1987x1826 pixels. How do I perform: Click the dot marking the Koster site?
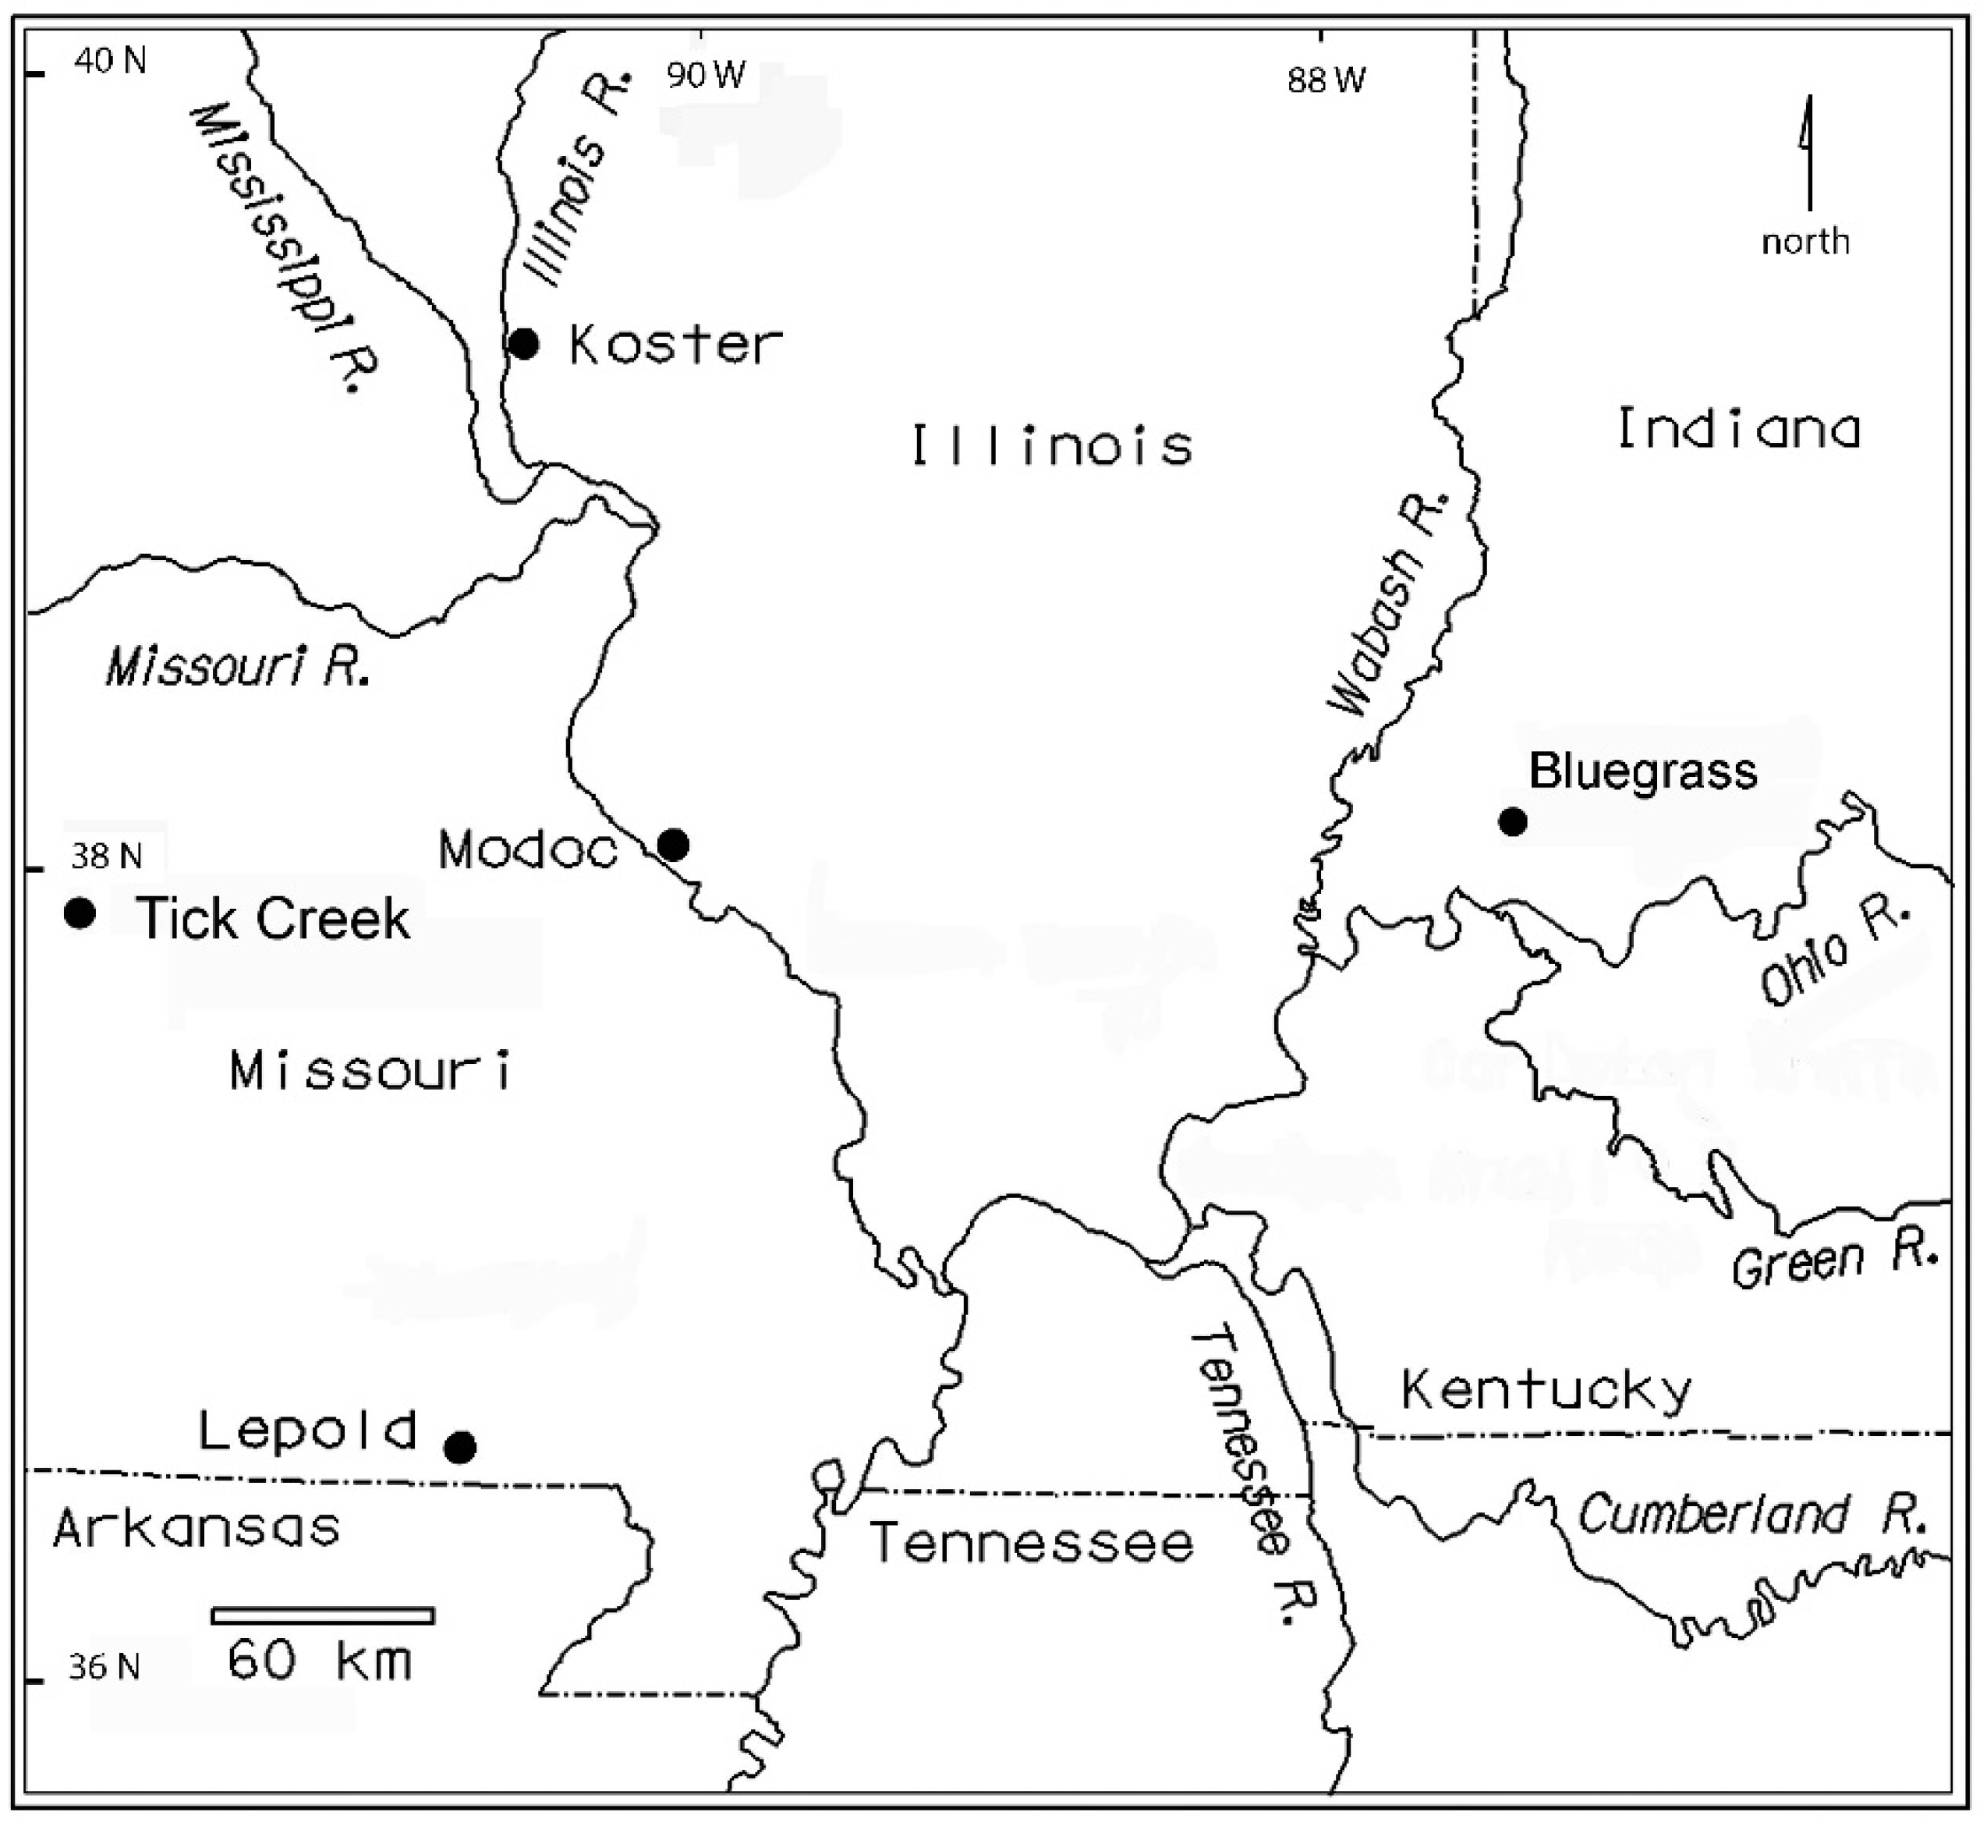click(x=524, y=344)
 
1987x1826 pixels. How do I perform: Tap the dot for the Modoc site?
click(x=673, y=845)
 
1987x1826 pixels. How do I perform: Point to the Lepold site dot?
click(x=459, y=1448)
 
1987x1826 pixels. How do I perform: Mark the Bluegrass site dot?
click(x=1513, y=821)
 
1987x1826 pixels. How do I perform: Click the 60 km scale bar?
click(x=323, y=1615)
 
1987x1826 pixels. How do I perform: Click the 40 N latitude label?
click(x=110, y=62)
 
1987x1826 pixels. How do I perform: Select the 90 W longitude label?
click(x=706, y=75)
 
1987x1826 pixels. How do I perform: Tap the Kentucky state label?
click(x=1546, y=1392)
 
